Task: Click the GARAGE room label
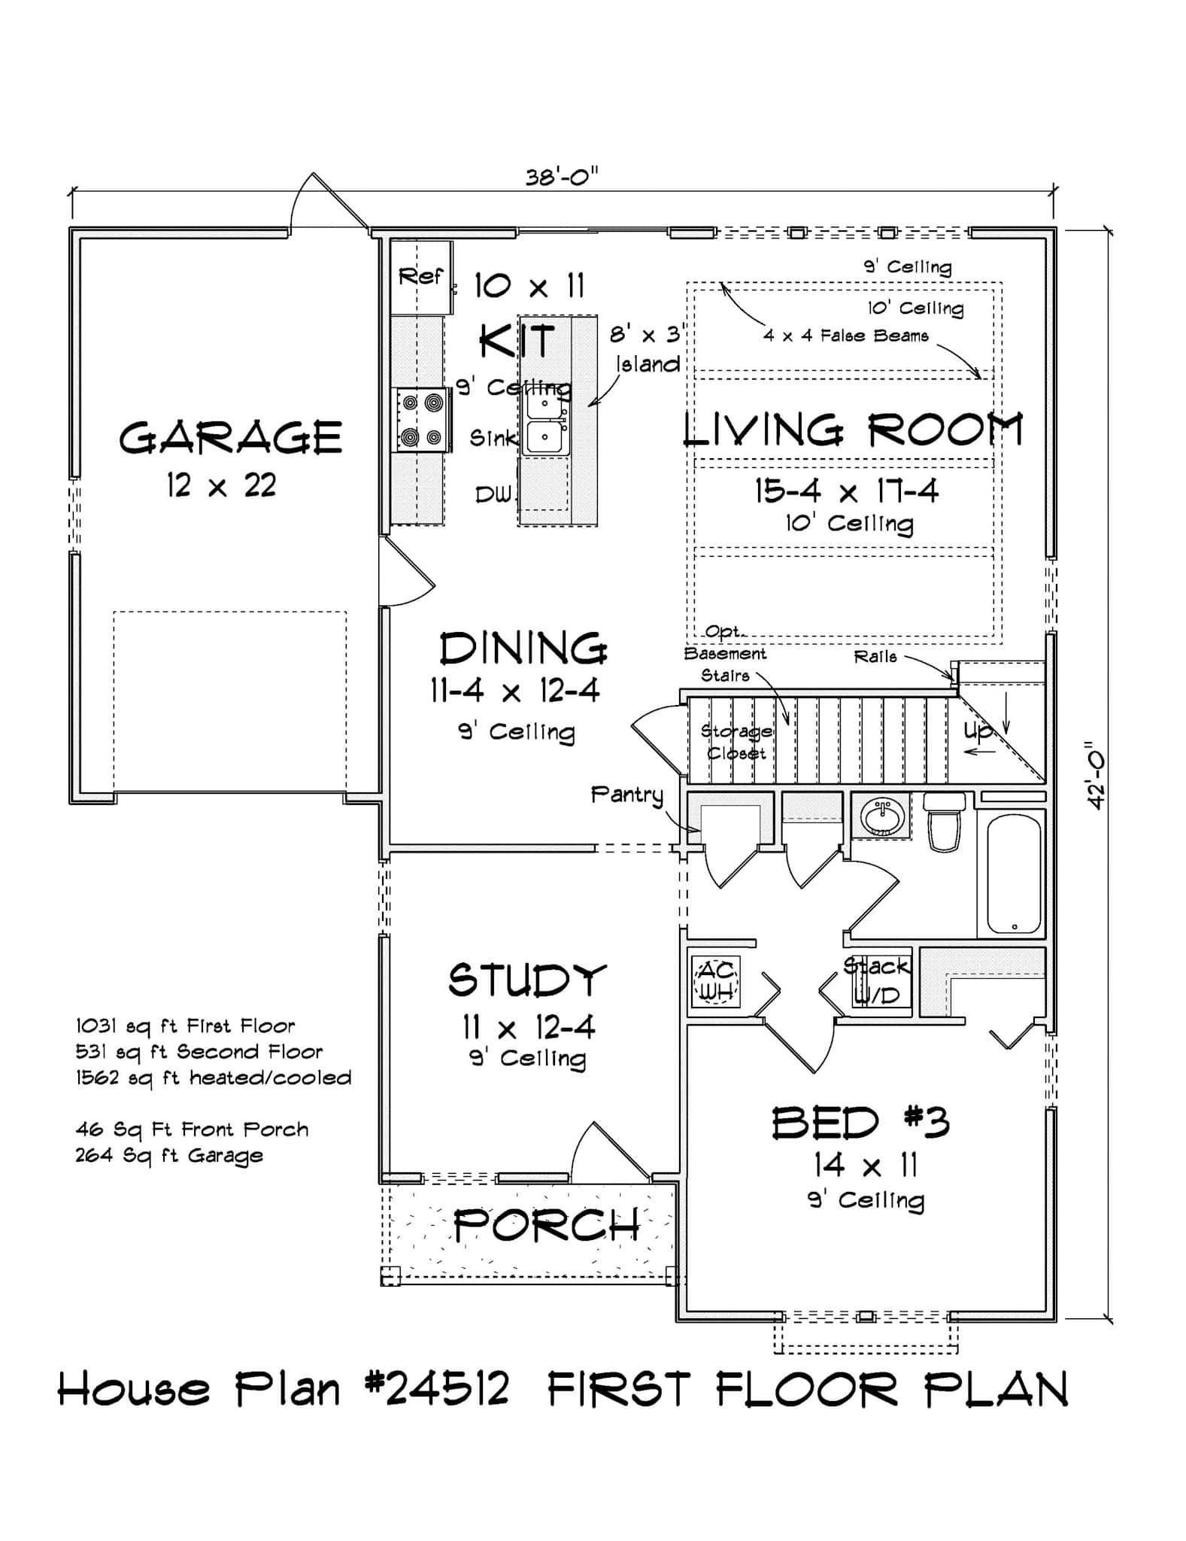230,438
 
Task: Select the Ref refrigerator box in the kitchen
421,277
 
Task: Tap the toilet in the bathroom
945,821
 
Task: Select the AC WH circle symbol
717,980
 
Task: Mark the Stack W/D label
878,980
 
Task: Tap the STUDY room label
527,980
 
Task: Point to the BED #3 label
861,1123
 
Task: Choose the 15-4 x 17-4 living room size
847,491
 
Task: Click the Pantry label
627,795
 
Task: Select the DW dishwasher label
493,494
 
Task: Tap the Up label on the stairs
978,730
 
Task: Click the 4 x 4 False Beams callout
846,336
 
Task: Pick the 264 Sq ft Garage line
169,1155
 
